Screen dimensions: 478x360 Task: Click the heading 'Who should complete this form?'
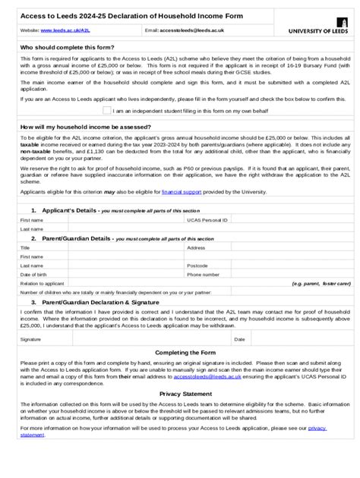pyautogui.click(x=68, y=47)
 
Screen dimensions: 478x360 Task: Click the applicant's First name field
pyautogui.click(x=125, y=219)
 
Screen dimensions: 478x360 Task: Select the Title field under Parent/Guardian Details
pyautogui.click(x=125, y=247)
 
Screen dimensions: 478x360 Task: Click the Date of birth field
pyautogui.click(x=125, y=275)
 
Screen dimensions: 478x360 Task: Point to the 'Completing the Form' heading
pyautogui.click(x=179, y=353)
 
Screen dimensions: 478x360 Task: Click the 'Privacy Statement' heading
pyautogui.click(x=180, y=394)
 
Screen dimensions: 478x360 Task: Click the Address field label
pyautogui.click(x=196, y=247)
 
